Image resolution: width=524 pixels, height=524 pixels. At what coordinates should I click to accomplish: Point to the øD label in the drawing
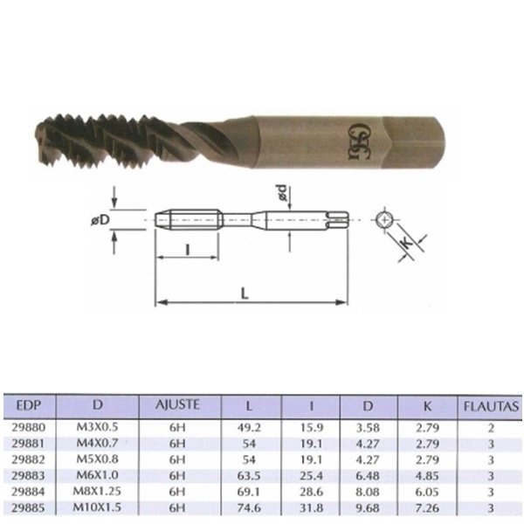coord(100,221)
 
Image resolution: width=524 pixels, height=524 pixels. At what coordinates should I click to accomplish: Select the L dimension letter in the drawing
coord(246,295)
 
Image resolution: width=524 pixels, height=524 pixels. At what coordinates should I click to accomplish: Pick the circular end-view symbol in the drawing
coord(385,220)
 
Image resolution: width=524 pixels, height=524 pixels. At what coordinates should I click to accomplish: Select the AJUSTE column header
coord(177,404)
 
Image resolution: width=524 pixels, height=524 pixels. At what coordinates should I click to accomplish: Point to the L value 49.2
coord(251,429)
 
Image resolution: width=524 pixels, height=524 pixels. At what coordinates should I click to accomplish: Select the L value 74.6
coord(251,505)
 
